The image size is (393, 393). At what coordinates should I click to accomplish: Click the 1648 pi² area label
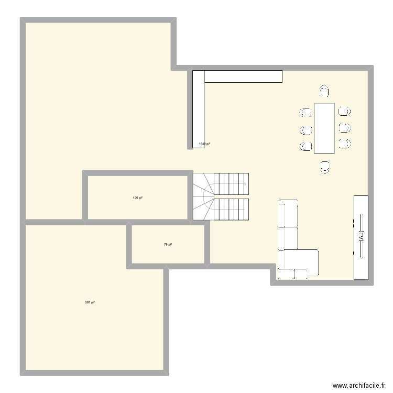pos(204,144)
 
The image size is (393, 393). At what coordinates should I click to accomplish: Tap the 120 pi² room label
pos(138,198)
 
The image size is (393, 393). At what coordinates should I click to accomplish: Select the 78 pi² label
pos(168,244)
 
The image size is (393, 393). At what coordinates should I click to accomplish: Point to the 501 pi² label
pos(90,302)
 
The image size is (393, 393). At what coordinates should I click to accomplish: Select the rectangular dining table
pos(324,128)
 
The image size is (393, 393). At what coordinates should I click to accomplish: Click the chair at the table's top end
pos(324,92)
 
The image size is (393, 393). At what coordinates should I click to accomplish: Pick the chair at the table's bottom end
pos(325,166)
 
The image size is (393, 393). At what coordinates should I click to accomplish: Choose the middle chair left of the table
pos(305,129)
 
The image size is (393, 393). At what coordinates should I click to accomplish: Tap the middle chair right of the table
pos(344,128)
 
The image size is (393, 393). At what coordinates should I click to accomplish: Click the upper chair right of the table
pos(344,111)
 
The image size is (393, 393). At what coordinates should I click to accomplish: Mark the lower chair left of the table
pos(305,146)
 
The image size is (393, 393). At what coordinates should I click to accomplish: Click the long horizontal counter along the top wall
pos(243,77)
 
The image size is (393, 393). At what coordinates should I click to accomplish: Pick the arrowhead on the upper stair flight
pos(245,184)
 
